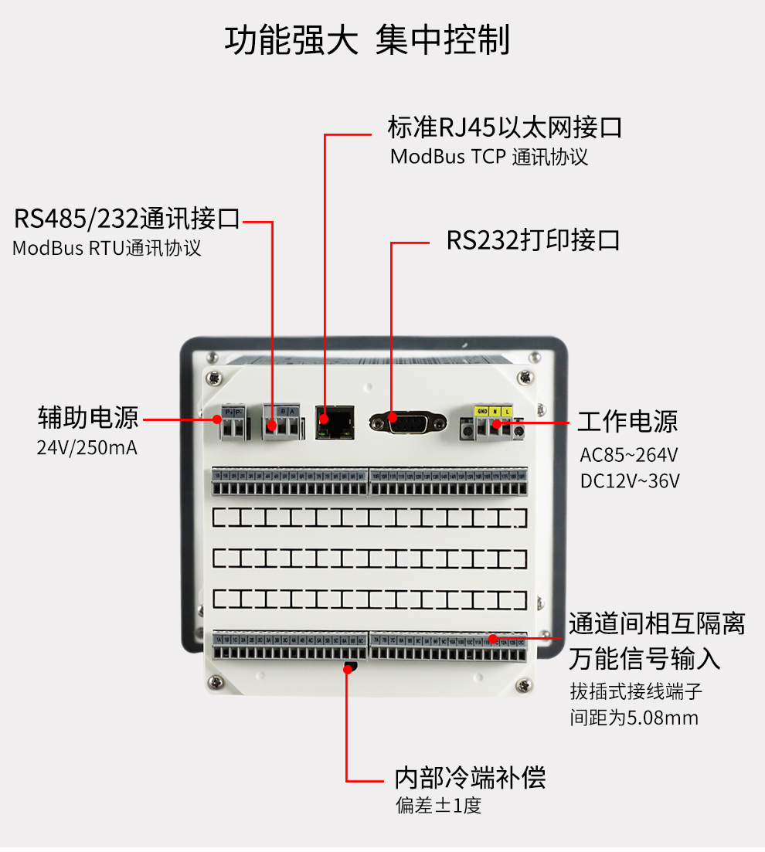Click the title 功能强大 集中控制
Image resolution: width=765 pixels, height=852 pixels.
367,40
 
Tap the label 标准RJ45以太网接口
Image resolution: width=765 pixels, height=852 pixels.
505,127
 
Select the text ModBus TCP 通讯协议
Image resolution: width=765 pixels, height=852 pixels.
488,157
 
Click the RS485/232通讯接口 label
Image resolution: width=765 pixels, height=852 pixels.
127,219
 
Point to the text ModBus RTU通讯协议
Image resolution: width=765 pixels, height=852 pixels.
107,249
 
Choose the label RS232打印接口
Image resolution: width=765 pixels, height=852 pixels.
533,240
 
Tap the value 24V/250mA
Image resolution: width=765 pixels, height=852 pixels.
87,448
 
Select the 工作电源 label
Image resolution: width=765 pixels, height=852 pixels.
627,422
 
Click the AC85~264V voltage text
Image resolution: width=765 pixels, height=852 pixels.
629,454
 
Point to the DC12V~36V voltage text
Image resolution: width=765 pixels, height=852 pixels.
630,481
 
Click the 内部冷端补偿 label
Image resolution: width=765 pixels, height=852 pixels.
470,777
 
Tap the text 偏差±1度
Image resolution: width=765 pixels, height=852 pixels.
438,806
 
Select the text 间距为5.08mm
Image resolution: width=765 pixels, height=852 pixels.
634,718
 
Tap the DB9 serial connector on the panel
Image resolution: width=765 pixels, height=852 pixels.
408,423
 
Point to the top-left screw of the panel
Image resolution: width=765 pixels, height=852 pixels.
214,377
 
